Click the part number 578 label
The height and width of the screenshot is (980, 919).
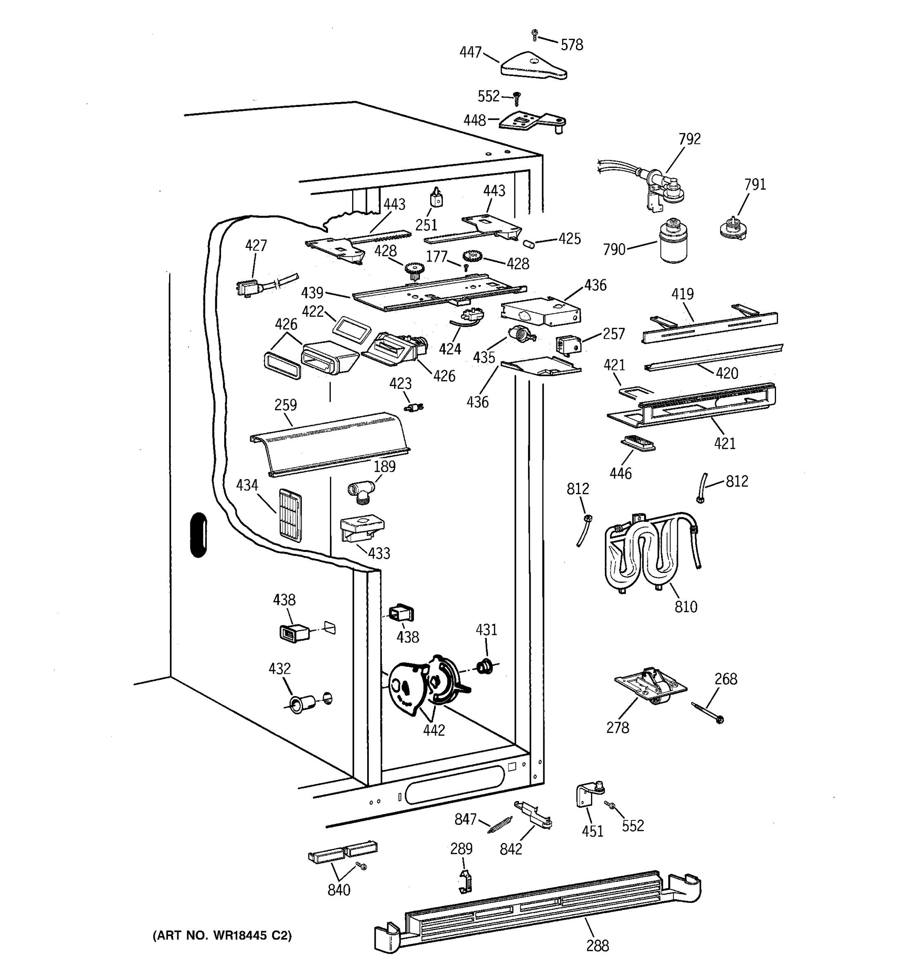572,45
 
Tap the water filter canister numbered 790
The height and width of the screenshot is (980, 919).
674,241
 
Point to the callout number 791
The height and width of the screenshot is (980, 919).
755,185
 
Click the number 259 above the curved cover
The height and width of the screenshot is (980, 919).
286,405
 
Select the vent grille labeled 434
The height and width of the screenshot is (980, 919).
290,516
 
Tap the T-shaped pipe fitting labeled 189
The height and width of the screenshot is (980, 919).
361,492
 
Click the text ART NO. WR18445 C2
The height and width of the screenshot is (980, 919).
222,935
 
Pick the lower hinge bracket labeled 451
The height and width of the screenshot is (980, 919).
590,795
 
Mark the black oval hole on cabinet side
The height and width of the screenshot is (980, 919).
198,535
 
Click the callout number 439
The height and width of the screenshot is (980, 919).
312,293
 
